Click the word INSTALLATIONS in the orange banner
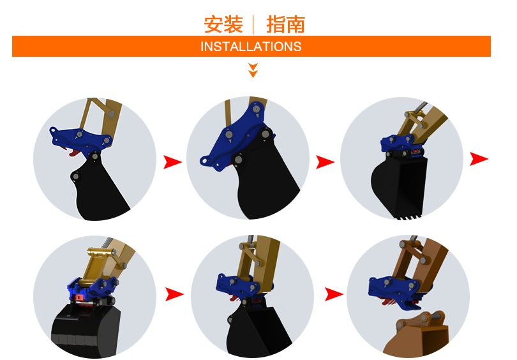pos(251,47)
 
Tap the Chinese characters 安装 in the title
pos(223,24)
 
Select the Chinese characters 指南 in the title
pos(285,24)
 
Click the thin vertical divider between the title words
pos(253,25)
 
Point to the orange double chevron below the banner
pos(253,70)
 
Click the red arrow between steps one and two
pos(172,162)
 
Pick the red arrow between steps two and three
pos(325,162)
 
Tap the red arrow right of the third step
pos(479,159)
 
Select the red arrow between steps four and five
pos(174,294)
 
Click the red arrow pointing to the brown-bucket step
pos(334,294)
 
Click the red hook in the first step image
pos(74,153)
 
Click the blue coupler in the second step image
pos(236,139)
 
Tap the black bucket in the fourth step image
pos(86,329)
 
